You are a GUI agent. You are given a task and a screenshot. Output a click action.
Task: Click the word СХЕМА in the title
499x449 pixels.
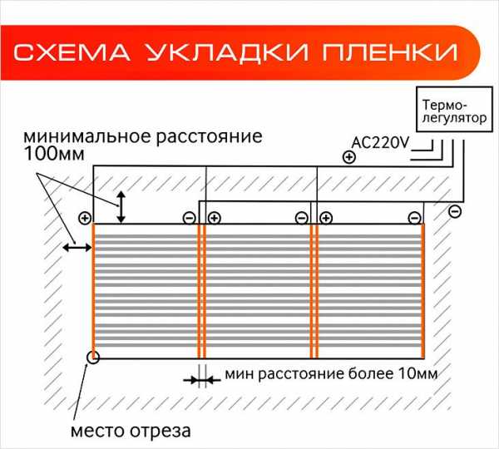(x=72, y=52)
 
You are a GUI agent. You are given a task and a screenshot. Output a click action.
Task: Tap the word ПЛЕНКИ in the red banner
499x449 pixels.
(x=390, y=52)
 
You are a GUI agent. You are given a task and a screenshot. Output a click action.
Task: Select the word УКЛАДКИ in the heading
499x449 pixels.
(x=227, y=52)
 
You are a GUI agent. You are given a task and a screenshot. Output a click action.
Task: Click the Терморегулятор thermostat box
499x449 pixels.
(x=454, y=109)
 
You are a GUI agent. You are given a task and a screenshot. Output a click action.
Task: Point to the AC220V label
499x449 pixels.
(x=380, y=143)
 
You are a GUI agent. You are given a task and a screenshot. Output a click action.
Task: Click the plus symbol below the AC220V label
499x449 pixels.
(x=349, y=157)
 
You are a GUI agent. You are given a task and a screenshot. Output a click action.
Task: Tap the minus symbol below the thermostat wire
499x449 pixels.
(x=455, y=211)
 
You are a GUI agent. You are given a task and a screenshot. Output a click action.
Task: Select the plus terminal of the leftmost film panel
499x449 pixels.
(x=85, y=219)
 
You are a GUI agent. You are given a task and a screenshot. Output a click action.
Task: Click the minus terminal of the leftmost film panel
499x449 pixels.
(x=190, y=219)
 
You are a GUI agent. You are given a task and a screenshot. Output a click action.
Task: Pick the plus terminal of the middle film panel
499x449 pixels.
(x=215, y=219)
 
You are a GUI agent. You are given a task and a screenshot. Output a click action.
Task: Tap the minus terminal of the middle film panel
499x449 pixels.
(x=301, y=219)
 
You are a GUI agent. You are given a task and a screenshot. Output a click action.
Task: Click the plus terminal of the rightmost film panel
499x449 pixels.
(x=326, y=219)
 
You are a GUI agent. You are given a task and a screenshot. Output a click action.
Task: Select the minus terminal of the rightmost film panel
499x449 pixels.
(x=414, y=219)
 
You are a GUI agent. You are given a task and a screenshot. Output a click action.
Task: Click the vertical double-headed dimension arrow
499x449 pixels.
(x=121, y=207)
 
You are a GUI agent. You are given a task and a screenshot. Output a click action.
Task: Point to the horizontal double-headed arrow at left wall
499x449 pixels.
(x=77, y=247)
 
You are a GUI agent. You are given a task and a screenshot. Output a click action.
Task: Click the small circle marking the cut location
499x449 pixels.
(x=93, y=357)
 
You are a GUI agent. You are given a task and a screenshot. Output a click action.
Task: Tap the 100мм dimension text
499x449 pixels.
(x=54, y=153)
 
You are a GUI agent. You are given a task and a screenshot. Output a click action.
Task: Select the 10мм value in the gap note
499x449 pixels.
(x=417, y=374)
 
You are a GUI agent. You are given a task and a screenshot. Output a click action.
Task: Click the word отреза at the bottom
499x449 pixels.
(x=161, y=432)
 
